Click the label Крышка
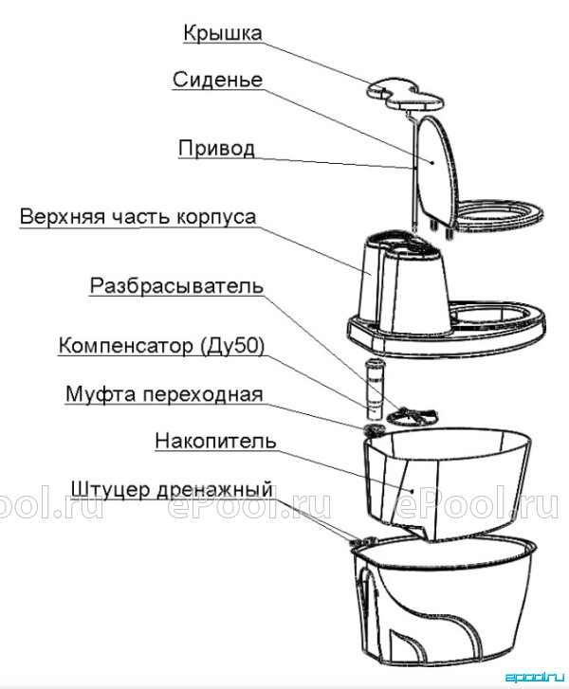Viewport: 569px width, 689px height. pos(223,33)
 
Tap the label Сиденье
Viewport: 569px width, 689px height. pos(218,80)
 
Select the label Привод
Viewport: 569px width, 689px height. pos(217,149)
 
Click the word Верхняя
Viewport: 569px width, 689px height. pos(63,217)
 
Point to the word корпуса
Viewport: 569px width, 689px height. pos(216,218)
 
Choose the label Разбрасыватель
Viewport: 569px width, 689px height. pos(176,286)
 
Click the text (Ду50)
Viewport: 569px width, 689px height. pos(232,346)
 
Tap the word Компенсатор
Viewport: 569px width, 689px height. pos(126,346)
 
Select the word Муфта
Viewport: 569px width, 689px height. pos(101,394)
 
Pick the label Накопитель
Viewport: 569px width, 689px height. pos(215,441)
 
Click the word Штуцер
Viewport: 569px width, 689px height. pos(111,490)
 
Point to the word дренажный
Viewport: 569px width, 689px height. pos(214,490)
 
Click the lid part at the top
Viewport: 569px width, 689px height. pos(405,96)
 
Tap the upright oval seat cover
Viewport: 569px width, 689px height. pos(436,170)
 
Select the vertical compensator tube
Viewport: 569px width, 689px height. pos(375,389)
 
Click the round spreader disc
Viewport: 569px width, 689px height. pos(413,416)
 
